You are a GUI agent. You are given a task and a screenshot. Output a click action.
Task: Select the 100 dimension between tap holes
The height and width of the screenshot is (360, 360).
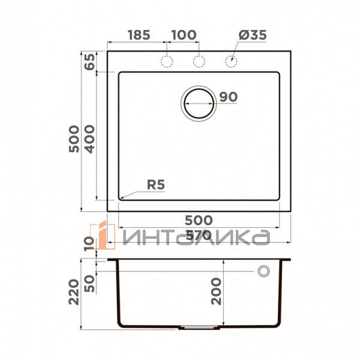pos(183,35)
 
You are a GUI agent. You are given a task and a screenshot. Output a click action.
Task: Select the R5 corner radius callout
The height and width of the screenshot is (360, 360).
pos(156,184)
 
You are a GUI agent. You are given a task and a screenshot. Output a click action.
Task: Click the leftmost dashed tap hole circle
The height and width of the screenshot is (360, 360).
pos(167,61)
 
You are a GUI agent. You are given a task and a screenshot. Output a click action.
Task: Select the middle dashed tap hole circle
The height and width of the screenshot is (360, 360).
pos(199,61)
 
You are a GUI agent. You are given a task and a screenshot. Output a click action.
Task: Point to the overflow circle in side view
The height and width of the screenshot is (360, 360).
pos(263,272)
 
